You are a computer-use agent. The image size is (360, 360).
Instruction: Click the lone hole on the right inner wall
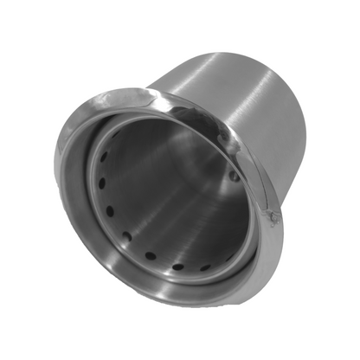click(x=234, y=176)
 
